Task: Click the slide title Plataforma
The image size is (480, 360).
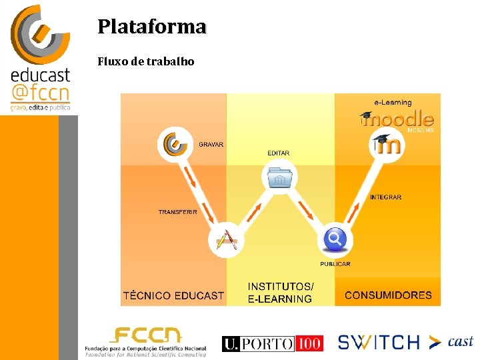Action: click(x=152, y=27)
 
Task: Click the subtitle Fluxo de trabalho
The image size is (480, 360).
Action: click(x=146, y=61)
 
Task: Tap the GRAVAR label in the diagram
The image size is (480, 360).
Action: click(x=211, y=145)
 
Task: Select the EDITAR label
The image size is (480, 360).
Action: click(x=279, y=153)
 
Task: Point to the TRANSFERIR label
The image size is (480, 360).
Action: click(x=178, y=212)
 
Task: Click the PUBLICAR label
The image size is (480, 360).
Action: click(x=335, y=264)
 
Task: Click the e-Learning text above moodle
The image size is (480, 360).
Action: click(x=393, y=103)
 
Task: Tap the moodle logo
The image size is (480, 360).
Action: click(x=397, y=119)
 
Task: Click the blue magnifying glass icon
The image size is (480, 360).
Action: click(x=335, y=239)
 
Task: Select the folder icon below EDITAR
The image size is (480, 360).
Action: click(x=279, y=179)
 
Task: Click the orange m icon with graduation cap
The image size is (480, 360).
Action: click(x=387, y=145)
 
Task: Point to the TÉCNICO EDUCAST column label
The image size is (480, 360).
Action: click(x=173, y=295)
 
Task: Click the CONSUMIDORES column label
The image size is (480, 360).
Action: click(x=388, y=295)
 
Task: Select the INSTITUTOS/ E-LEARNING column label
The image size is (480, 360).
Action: click(x=281, y=293)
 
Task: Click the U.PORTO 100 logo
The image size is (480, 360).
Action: click(x=273, y=343)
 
